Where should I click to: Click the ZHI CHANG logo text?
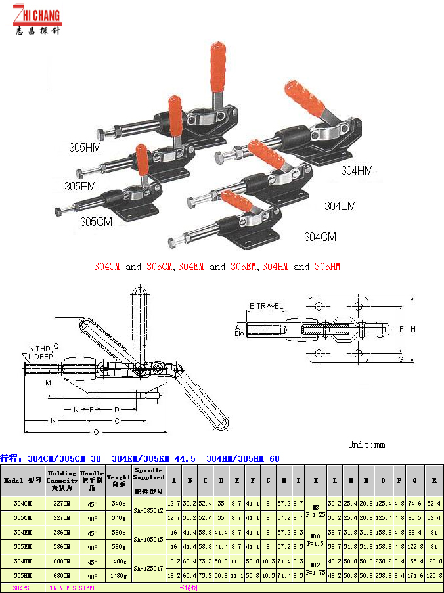tap(37, 14)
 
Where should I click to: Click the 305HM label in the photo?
tap(85, 148)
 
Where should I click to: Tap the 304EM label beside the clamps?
tap(340, 206)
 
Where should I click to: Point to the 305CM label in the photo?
tap(97, 221)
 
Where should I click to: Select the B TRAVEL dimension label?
tap(266, 306)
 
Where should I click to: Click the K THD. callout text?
tap(40, 348)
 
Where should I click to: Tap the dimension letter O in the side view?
tap(96, 432)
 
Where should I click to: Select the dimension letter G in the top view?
tap(400, 359)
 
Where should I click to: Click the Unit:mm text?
tap(366, 445)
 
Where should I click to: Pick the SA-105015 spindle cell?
tap(148, 539)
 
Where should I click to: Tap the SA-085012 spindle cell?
tap(148, 510)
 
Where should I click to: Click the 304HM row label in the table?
tap(23, 561)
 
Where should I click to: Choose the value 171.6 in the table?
tap(415, 575)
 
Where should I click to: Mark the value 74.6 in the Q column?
tap(415, 503)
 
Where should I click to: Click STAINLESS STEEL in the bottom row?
tap(71, 588)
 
